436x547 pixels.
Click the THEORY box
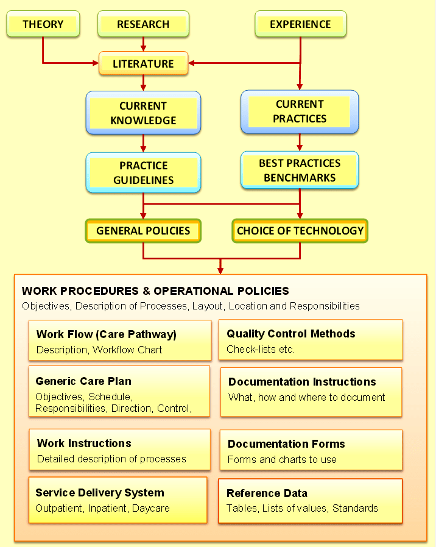pyautogui.click(x=43, y=24)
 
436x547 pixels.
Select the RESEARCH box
pyautogui.click(x=143, y=24)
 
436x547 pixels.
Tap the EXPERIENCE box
pyautogui.click(x=300, y=24)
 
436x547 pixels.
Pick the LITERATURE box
pyautogui.click(x=143, y=63)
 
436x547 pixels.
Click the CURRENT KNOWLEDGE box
pyautogui.click(x=143, y=113)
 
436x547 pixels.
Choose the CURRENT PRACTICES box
pyautogui.click(x=300, y=111)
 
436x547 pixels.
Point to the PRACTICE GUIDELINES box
pyautogui.click(x=143, y=172)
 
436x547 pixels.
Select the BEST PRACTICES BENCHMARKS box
pyautogui.click(x=300, y=170)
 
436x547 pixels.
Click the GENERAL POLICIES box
pyautogui.click(x=143, y=231)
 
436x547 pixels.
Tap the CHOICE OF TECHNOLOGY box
pyautogui.click(x=300, y=231)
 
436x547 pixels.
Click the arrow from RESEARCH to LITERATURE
pyautogui.click(x=143, y=44)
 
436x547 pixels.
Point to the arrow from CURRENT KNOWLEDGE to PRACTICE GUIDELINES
pyautogui.click(x=143, y=143)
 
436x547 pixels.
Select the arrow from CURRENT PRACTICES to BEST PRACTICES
pyautogui.click(x=300, y=143)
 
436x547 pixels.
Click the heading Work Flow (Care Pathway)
pyautogui.click(x=106, y=334)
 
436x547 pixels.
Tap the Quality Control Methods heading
pyautogui.click(x=290, y=334)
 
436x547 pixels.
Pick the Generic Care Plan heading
pyautogui.click(x=83, y=381)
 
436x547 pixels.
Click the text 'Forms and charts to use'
pyautogui.click(x=282, y=459)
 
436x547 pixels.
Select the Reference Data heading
pyautogui.click(x=267, y=493)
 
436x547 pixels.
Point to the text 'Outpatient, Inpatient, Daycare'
pyautogui.click(x=102, y=508)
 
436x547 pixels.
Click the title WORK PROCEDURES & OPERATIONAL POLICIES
pyautogui.click(x=155, y=291)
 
